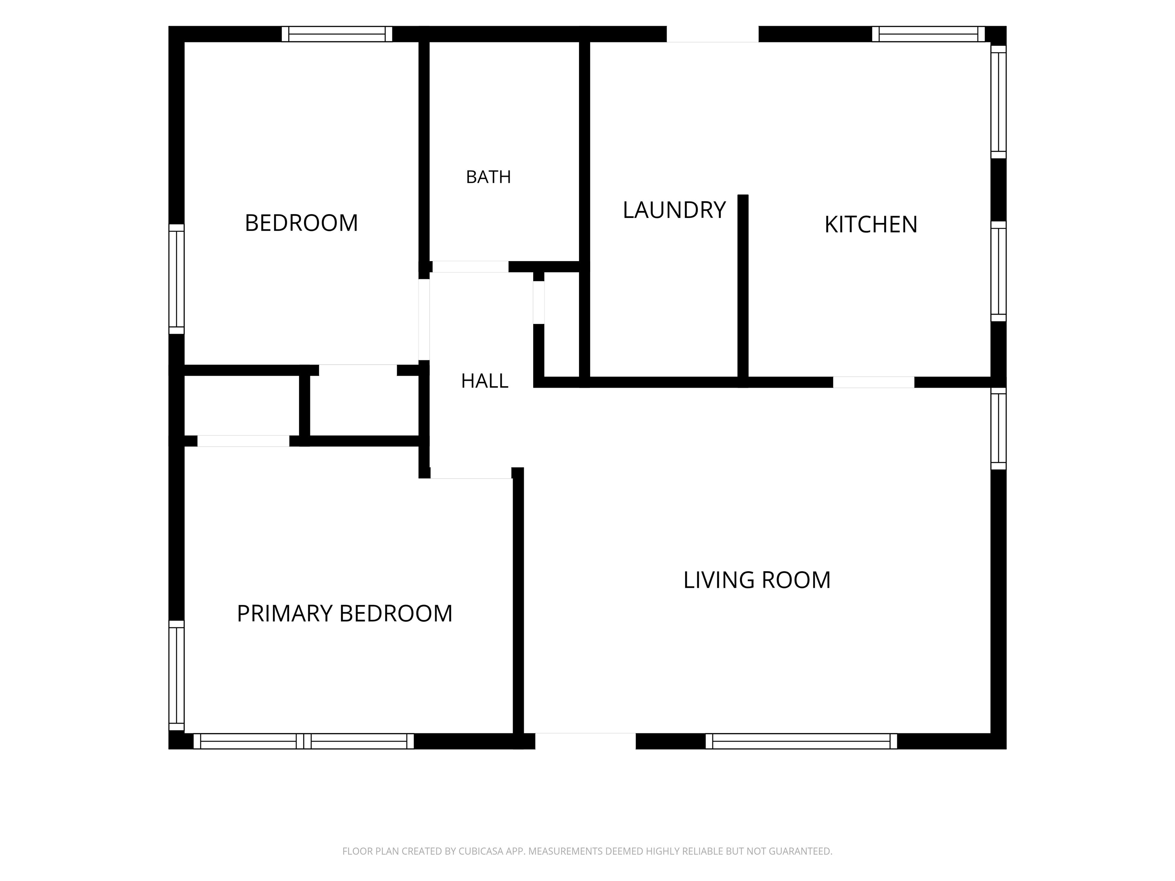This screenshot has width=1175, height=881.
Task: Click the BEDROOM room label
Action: tap(301, 223)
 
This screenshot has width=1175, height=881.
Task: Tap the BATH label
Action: tap(488, 177)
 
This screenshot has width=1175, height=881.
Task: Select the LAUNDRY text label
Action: tap(674, 210)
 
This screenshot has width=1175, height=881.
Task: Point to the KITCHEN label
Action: tap(871, 224)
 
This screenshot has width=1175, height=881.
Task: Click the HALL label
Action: tap(485, 381)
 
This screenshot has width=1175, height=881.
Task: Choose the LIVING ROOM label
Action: tap(757, 580)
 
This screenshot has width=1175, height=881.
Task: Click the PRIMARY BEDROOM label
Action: tap(344, 613)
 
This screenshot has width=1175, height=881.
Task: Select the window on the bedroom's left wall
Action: tap(176, 279)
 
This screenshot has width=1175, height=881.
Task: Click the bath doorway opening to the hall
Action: tap(470, 267)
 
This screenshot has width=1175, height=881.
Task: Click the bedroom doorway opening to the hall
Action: tap(424, 320)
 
